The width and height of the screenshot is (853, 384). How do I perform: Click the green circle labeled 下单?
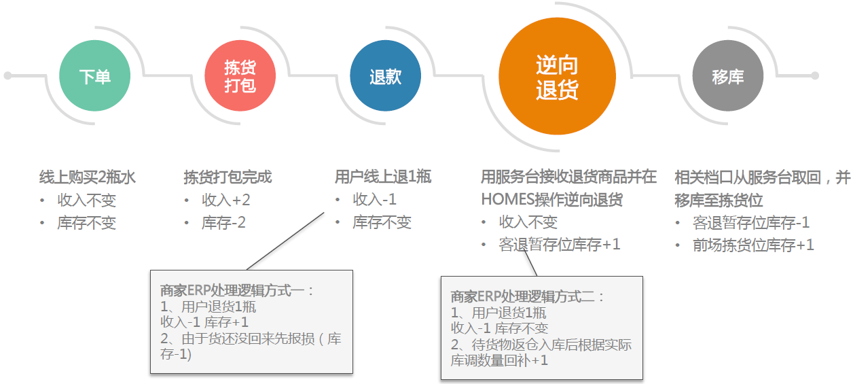tap(94, 76)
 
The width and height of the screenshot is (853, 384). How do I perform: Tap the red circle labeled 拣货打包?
tap(240, 76)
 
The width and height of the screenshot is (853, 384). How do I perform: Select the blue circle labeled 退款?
tap(385, 76)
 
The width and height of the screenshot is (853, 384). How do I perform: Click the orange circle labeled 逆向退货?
tap(557, 76)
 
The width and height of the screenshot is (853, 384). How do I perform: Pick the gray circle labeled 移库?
tap(727, 76)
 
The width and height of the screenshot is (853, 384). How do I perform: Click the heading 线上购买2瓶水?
tap(88, 177)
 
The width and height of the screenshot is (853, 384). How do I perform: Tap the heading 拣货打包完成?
tap(228, 177)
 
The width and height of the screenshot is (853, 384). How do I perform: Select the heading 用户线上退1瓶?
tap(383, 177)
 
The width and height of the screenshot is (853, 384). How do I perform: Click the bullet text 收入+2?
tap(226, 200)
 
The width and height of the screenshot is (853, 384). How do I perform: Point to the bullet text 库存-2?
tap(223, 222)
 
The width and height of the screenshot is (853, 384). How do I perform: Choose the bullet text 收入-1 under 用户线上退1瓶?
tap(375, 200)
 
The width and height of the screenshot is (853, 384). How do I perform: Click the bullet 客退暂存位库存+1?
tap(560, 245)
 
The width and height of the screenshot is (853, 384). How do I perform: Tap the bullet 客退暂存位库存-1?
tap(751, 223)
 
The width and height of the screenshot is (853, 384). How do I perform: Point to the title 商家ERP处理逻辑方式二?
tap(528, 297)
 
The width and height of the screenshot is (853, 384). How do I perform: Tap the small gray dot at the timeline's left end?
tap(7, 76)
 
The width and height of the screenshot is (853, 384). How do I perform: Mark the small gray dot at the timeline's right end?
tap(815, 76)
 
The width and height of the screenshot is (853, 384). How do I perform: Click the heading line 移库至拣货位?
tap(719, 200)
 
